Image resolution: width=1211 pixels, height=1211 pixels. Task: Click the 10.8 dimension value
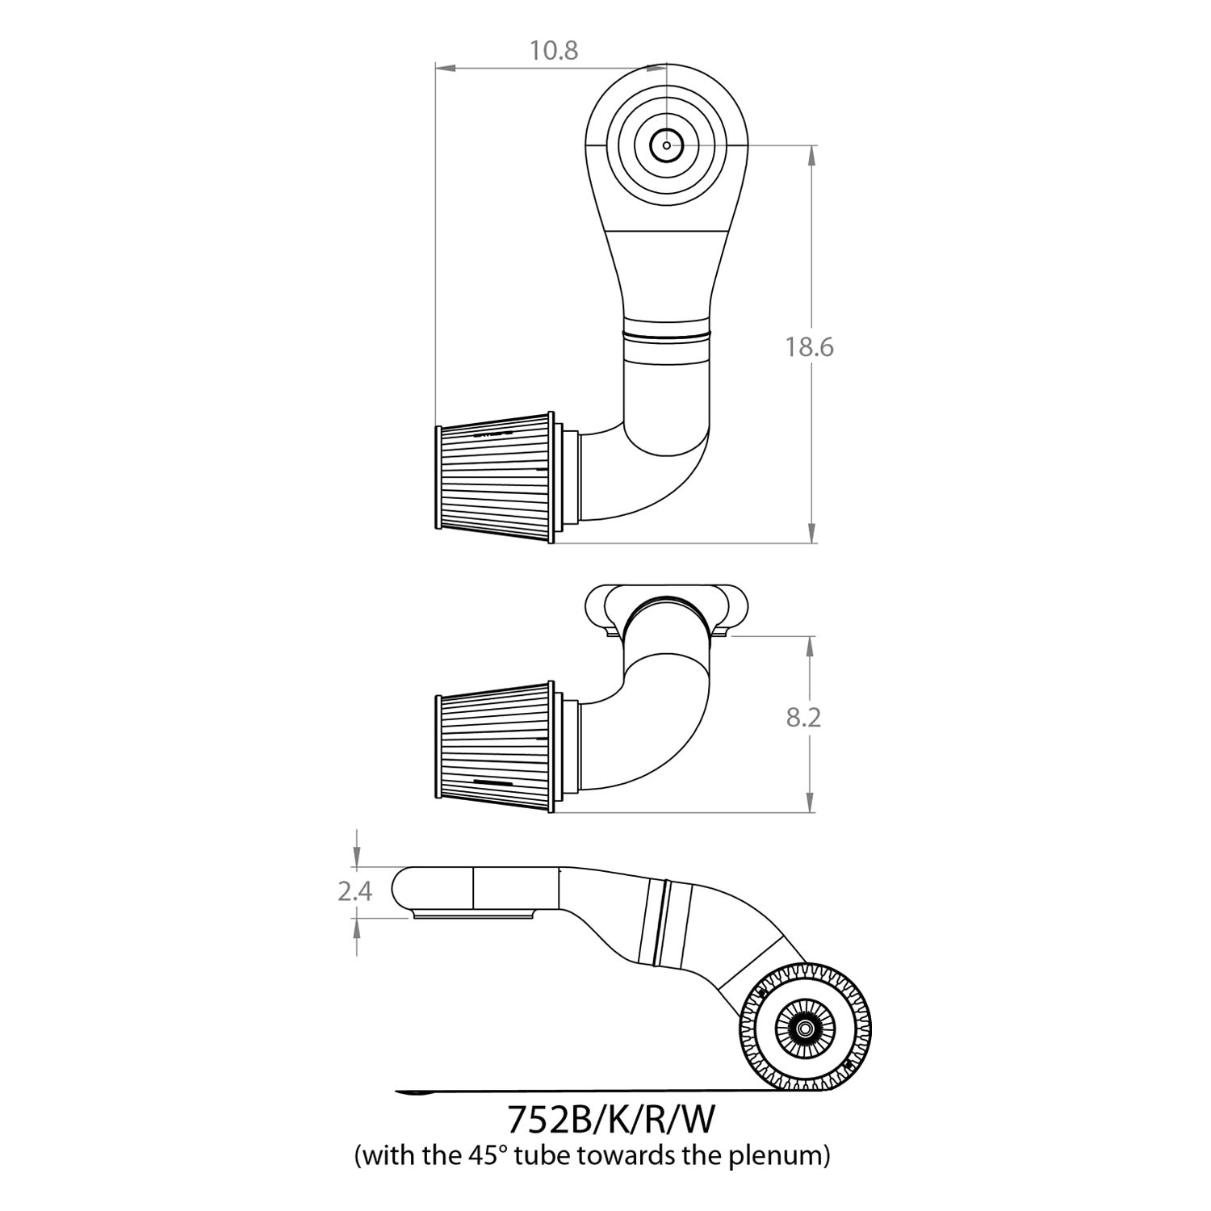554,51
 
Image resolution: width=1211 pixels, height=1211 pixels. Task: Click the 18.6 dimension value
810,347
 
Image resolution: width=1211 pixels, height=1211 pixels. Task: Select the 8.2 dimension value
803,717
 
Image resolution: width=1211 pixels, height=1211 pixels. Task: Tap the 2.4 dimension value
355,891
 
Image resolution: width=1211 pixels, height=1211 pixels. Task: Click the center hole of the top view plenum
666,145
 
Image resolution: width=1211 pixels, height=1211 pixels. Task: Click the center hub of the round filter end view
804,1029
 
